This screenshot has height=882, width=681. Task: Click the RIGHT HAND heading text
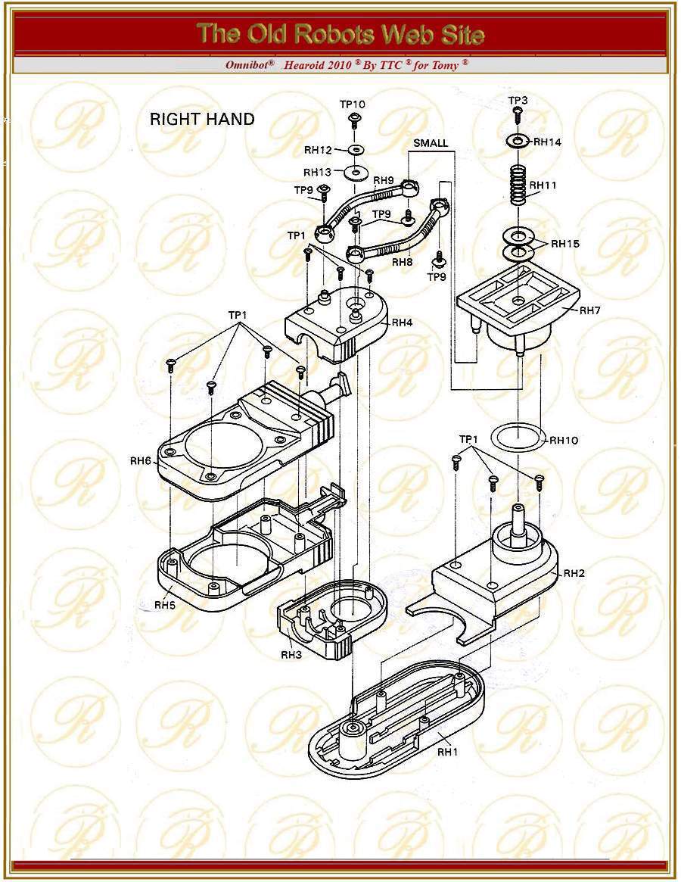202,119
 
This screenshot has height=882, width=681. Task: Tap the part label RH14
549,142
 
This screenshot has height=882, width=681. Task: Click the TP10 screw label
353,104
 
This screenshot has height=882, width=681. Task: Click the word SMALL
431,143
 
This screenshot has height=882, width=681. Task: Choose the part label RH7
591,310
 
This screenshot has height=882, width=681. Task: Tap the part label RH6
141,461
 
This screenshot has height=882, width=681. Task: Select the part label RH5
166,605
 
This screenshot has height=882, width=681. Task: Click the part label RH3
292,654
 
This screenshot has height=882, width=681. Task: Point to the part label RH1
449,752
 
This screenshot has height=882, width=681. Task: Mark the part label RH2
575,573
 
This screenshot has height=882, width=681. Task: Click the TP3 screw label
518,100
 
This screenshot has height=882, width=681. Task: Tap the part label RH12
319,149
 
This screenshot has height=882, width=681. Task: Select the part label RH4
402,322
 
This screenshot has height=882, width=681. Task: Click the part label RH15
565,243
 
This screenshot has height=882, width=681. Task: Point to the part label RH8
402,262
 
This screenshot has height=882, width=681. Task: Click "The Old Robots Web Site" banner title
340,34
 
